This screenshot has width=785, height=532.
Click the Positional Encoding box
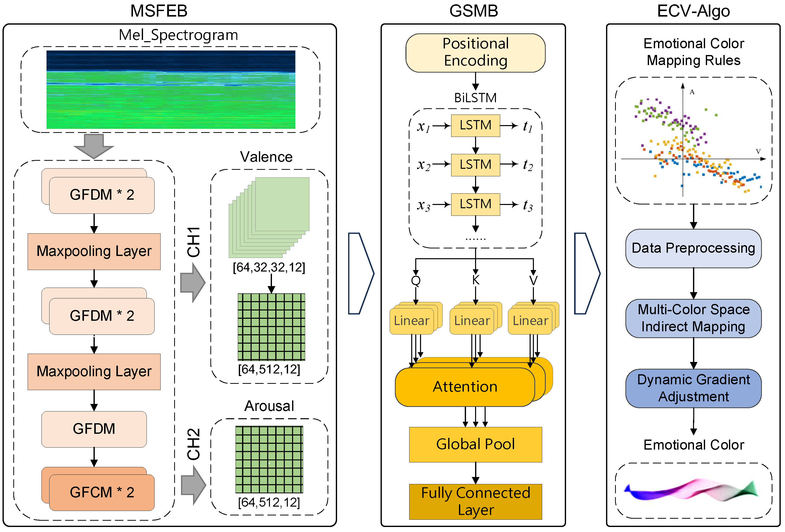(x=475, y=53)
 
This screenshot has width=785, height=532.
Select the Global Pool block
(x=475, y=444)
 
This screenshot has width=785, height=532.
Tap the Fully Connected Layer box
(x=475, y=501)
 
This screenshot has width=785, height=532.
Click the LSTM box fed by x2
(x=475, y=165)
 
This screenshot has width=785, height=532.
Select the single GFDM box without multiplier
(x=94, y=429)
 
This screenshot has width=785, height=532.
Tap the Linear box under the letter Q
(x=411, y=321)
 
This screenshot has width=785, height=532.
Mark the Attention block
(x=465, y=387)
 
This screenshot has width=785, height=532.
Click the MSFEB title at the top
(x=159, y=11)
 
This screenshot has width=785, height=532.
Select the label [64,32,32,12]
(x=269, y=267)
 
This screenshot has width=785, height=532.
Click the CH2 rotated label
(x=194, y=444)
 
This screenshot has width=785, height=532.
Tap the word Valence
(x=266, y=157)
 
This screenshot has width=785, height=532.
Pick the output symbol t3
(x=528, y=205)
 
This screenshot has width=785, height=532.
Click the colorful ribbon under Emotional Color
(x=691, y=490)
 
